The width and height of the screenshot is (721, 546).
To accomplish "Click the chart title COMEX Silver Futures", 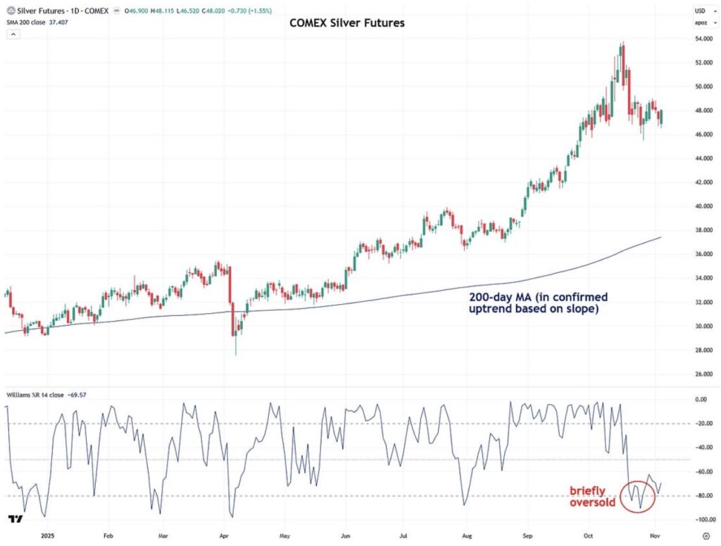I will tap(347, 23).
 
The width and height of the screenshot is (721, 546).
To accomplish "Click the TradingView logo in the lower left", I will tap(13, 519).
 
